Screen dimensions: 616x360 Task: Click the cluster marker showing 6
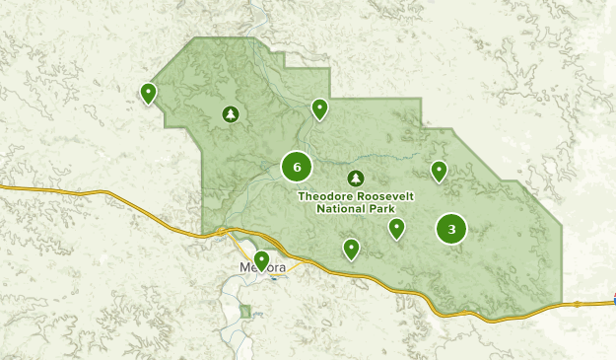[x=297, y=167]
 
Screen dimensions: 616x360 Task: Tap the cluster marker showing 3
[x=451, y=230]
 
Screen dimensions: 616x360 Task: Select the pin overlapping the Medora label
[x=261, y=260]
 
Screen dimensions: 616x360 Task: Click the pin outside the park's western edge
[x=148, y=93]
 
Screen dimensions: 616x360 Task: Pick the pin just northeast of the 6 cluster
[x=319, y=108]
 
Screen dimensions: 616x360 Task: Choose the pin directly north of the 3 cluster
[x=439, y=171]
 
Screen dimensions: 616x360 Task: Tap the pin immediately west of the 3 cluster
[x=396, y=228]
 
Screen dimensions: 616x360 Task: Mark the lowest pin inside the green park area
[x=351, y=249]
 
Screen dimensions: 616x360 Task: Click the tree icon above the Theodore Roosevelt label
[x=355, y=179]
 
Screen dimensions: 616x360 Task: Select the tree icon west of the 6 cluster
[x=231, y=114]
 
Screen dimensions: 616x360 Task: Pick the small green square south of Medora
[x=244, y=313]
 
